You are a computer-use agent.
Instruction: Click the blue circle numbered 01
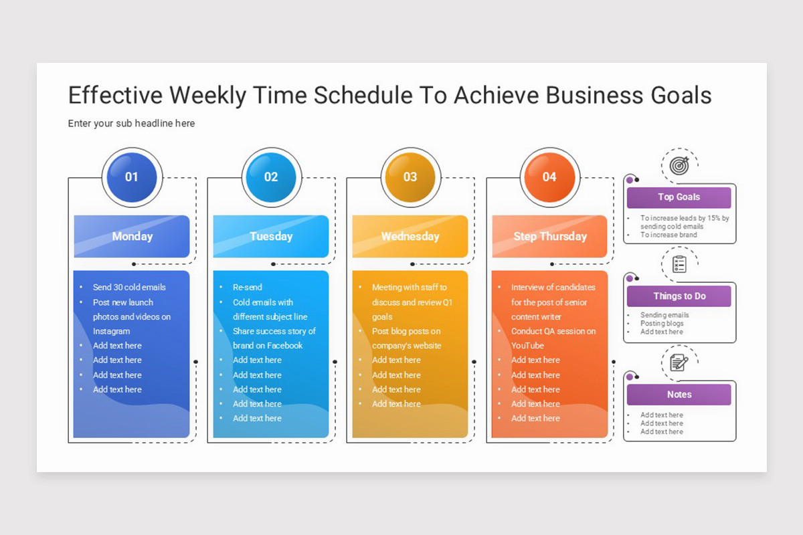pos(132,177)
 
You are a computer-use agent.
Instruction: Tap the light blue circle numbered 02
pos(271,177)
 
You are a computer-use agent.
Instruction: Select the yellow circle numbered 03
pos(410,177)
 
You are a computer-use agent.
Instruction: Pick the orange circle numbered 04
pos(549,177)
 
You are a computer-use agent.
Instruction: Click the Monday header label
pos(132,237)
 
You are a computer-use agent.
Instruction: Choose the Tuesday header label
pos(271,237)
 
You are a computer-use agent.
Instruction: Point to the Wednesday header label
pos(410,237)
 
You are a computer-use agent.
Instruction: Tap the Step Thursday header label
pos(549,237)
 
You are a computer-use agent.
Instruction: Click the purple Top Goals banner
pos(679,197)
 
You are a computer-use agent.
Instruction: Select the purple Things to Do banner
pos(679,296)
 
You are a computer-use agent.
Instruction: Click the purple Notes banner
pos(679,395)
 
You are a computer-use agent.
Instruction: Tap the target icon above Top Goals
pos(679,166)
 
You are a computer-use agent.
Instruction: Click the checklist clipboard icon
pos(679,264)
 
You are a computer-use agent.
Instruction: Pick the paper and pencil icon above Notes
pos(679,362)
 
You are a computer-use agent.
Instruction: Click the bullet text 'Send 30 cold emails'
pos(129,288)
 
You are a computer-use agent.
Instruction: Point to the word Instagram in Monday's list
pos(111,331)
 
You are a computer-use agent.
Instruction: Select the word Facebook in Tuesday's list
pos(285,346)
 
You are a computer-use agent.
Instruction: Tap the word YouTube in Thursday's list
pos(527,346)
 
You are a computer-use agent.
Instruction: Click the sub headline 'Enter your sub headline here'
pos(131,124)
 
